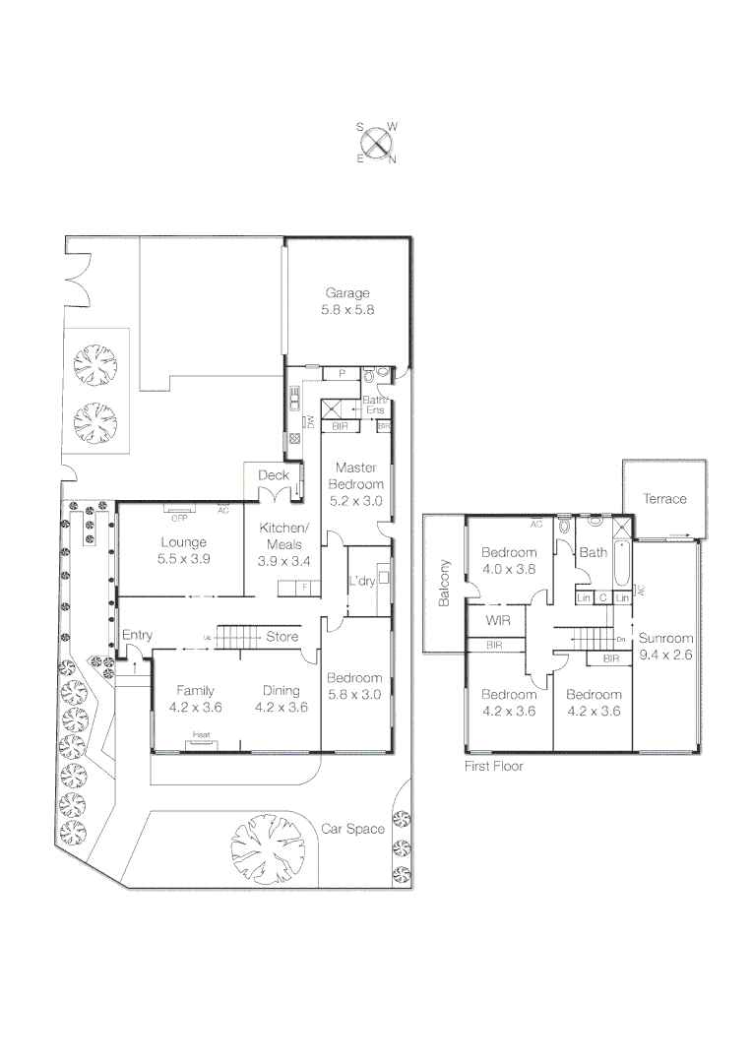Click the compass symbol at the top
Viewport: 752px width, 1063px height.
(x=377, y=143)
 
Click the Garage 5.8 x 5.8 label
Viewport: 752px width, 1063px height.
(x=347, y=300)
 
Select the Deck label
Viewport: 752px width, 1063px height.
(x=273, y=475)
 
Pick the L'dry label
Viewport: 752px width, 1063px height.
(x=362, y=581)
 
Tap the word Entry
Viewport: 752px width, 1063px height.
(x=137, y=635)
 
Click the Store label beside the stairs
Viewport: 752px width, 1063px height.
(x=282, y=637)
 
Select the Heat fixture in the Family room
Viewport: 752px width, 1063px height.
(x=202, y=735)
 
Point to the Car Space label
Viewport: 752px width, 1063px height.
(x=352, y=829)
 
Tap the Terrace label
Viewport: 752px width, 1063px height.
(x=664, y=499)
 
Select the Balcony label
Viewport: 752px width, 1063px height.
(x=445, y=582)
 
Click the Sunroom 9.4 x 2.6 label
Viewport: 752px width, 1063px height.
(x=665, y=645)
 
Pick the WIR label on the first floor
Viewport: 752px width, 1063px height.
(x=497, y=621)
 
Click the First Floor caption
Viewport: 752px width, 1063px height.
(x=494, y=765)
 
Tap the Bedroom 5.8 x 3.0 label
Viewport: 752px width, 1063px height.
(x=354, y=685)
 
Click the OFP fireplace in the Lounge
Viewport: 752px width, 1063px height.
(x=178, y=511)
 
